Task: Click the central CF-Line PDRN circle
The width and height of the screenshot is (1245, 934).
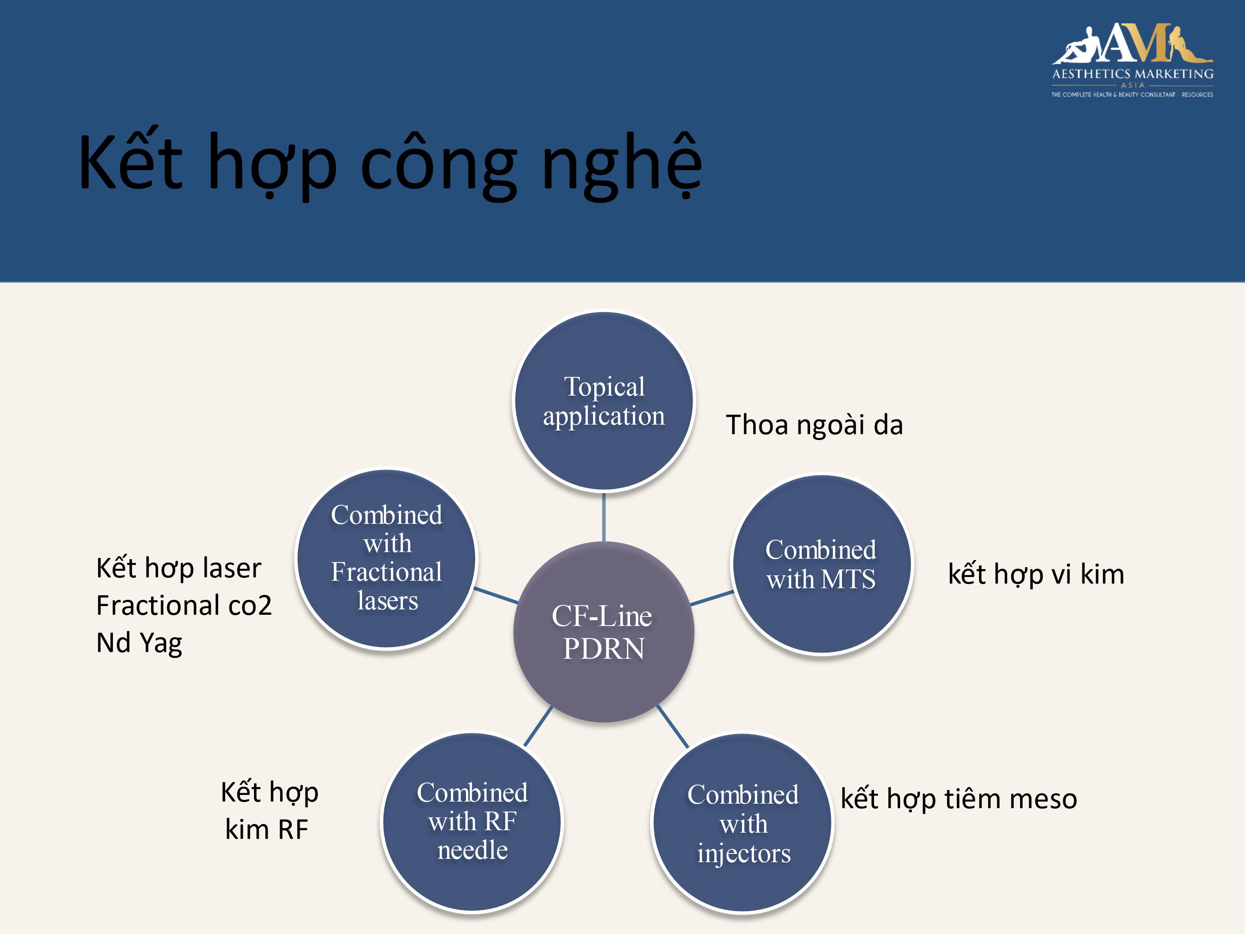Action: point(604,632)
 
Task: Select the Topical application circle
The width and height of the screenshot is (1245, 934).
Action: point(604,401)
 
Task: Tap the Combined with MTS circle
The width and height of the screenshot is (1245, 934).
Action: point(822,564)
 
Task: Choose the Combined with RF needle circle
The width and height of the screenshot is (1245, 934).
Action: point(472,822)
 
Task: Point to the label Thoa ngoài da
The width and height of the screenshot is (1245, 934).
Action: point(814,425)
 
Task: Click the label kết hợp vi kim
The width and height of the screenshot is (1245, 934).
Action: point(1035,574)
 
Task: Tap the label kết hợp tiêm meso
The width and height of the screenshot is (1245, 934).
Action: point(959,799)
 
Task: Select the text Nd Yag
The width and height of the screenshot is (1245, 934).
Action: point(139,643)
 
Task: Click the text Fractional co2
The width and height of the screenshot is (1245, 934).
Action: point(184,605)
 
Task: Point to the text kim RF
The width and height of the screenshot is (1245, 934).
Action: point(267,829)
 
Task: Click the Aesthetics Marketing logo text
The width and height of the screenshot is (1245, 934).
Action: point(1133,74)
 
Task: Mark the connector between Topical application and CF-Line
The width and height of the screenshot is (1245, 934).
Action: point(604,516)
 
